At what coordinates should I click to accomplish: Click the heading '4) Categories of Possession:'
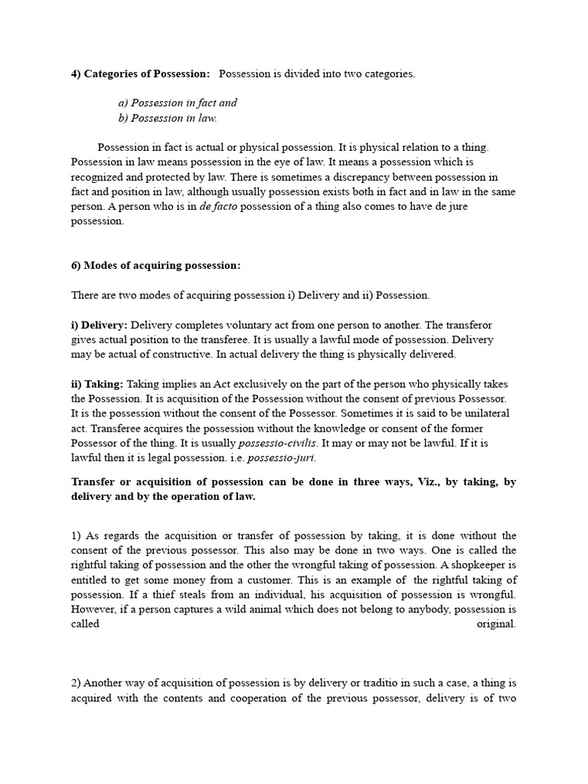[x=140, y=73]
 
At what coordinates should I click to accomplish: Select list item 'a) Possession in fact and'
[x=178, y=103]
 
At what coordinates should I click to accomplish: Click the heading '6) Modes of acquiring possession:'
[x=155, y=265]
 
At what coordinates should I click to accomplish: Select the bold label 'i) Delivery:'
[x=100, y=325]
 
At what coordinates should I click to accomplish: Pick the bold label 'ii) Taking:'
[x=97, y=384]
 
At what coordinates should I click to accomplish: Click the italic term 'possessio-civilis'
[x=278, y=443]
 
